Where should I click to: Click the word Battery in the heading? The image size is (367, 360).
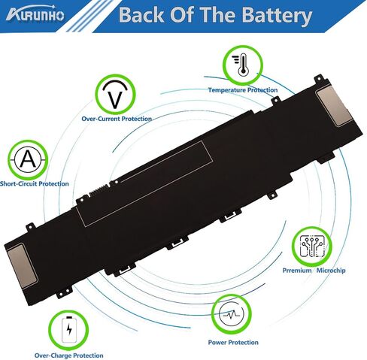pyautogui.click(x=277, y=16)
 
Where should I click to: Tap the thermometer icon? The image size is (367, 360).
pyautogui.click(x=243, y=65)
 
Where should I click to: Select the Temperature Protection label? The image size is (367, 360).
pyautogui.click(x=243, y=90)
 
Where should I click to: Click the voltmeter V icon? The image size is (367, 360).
pyautogui.click(x=115, y=95)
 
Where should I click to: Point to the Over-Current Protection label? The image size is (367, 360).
pyautogui.click(x=117, y=119)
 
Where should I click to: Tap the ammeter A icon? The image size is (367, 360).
pyautogui.click(x=28, y=159)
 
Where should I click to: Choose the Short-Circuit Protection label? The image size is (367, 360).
pyautogui.click(x=35, y=183)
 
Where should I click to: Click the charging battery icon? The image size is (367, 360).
pyautogui.click(x=69, y=330)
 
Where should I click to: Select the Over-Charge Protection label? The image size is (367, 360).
pyautogui.click(x=68, y=355)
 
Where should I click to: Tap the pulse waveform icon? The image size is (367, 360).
pyautogui.click(x=231, y=314)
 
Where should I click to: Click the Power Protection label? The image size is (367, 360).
pyautogui.click(x=233, y=342)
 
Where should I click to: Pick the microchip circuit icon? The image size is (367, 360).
pyautogui.click(x=312, y=247)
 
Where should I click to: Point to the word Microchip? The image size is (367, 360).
pyautogui.click(x=331, y=271)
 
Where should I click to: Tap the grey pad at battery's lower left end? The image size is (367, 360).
pyautogui.click(x=23, y=266)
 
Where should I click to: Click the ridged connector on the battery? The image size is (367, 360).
pyautogui.click(x=99, y=191)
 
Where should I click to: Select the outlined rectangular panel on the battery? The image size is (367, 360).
pyautogui.click(x=144, y=183)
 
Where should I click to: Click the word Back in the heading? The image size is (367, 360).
pyautogui.click(x=141, y=15)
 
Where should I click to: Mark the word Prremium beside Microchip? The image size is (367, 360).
pyautogui.click(x=297, y=271)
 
